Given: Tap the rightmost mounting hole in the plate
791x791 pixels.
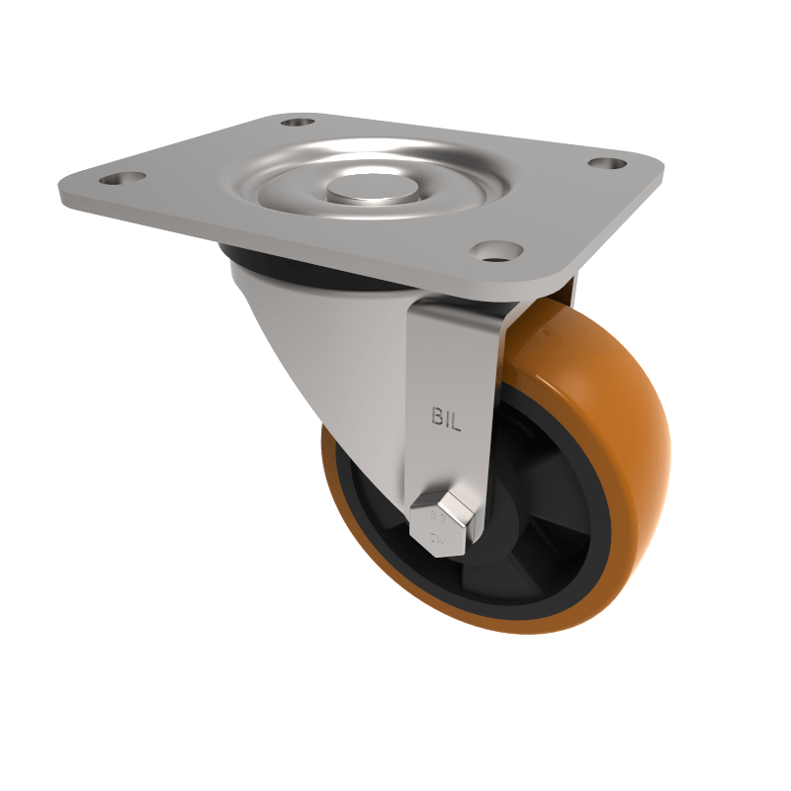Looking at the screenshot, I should [600, 163].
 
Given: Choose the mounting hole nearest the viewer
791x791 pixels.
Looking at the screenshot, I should [491, 251].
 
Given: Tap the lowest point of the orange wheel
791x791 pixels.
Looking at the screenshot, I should [514, 631].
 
